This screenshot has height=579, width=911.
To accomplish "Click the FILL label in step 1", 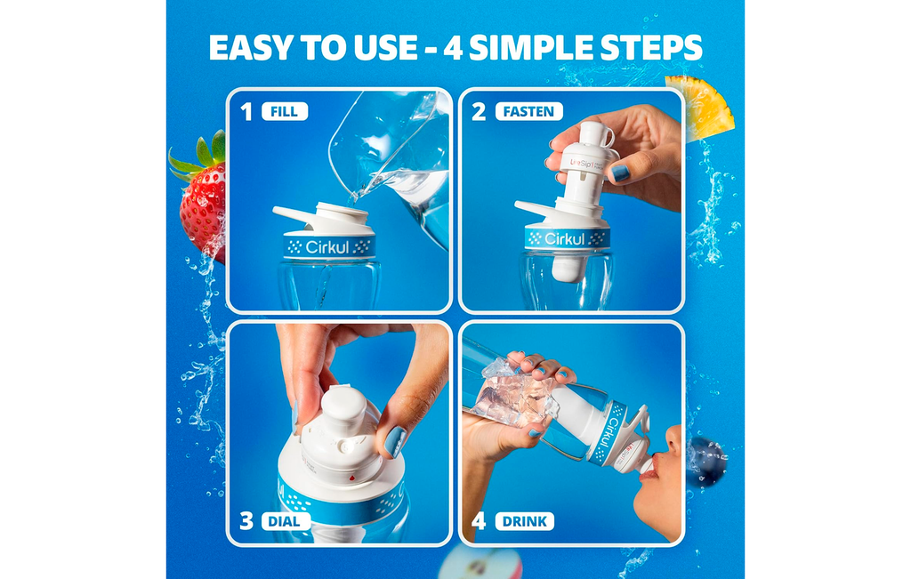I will click(285, 111).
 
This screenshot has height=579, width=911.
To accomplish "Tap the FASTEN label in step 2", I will click(528, 111).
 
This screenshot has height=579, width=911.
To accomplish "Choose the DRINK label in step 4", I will click(524, 521).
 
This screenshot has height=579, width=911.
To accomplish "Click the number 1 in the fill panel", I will click(246, 111).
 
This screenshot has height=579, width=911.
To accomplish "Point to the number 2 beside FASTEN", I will click(479, 111).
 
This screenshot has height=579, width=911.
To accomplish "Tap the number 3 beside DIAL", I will click(246, 521).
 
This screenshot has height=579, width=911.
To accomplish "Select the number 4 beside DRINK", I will click(479, 521).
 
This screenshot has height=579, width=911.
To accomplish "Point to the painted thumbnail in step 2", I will click(620, 173).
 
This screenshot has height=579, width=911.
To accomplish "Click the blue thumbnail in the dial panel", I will click(395, 441).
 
